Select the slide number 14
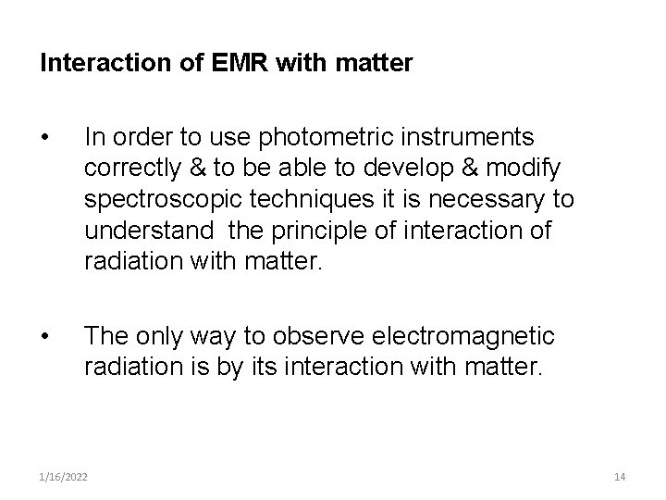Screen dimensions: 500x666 point(620,475)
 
